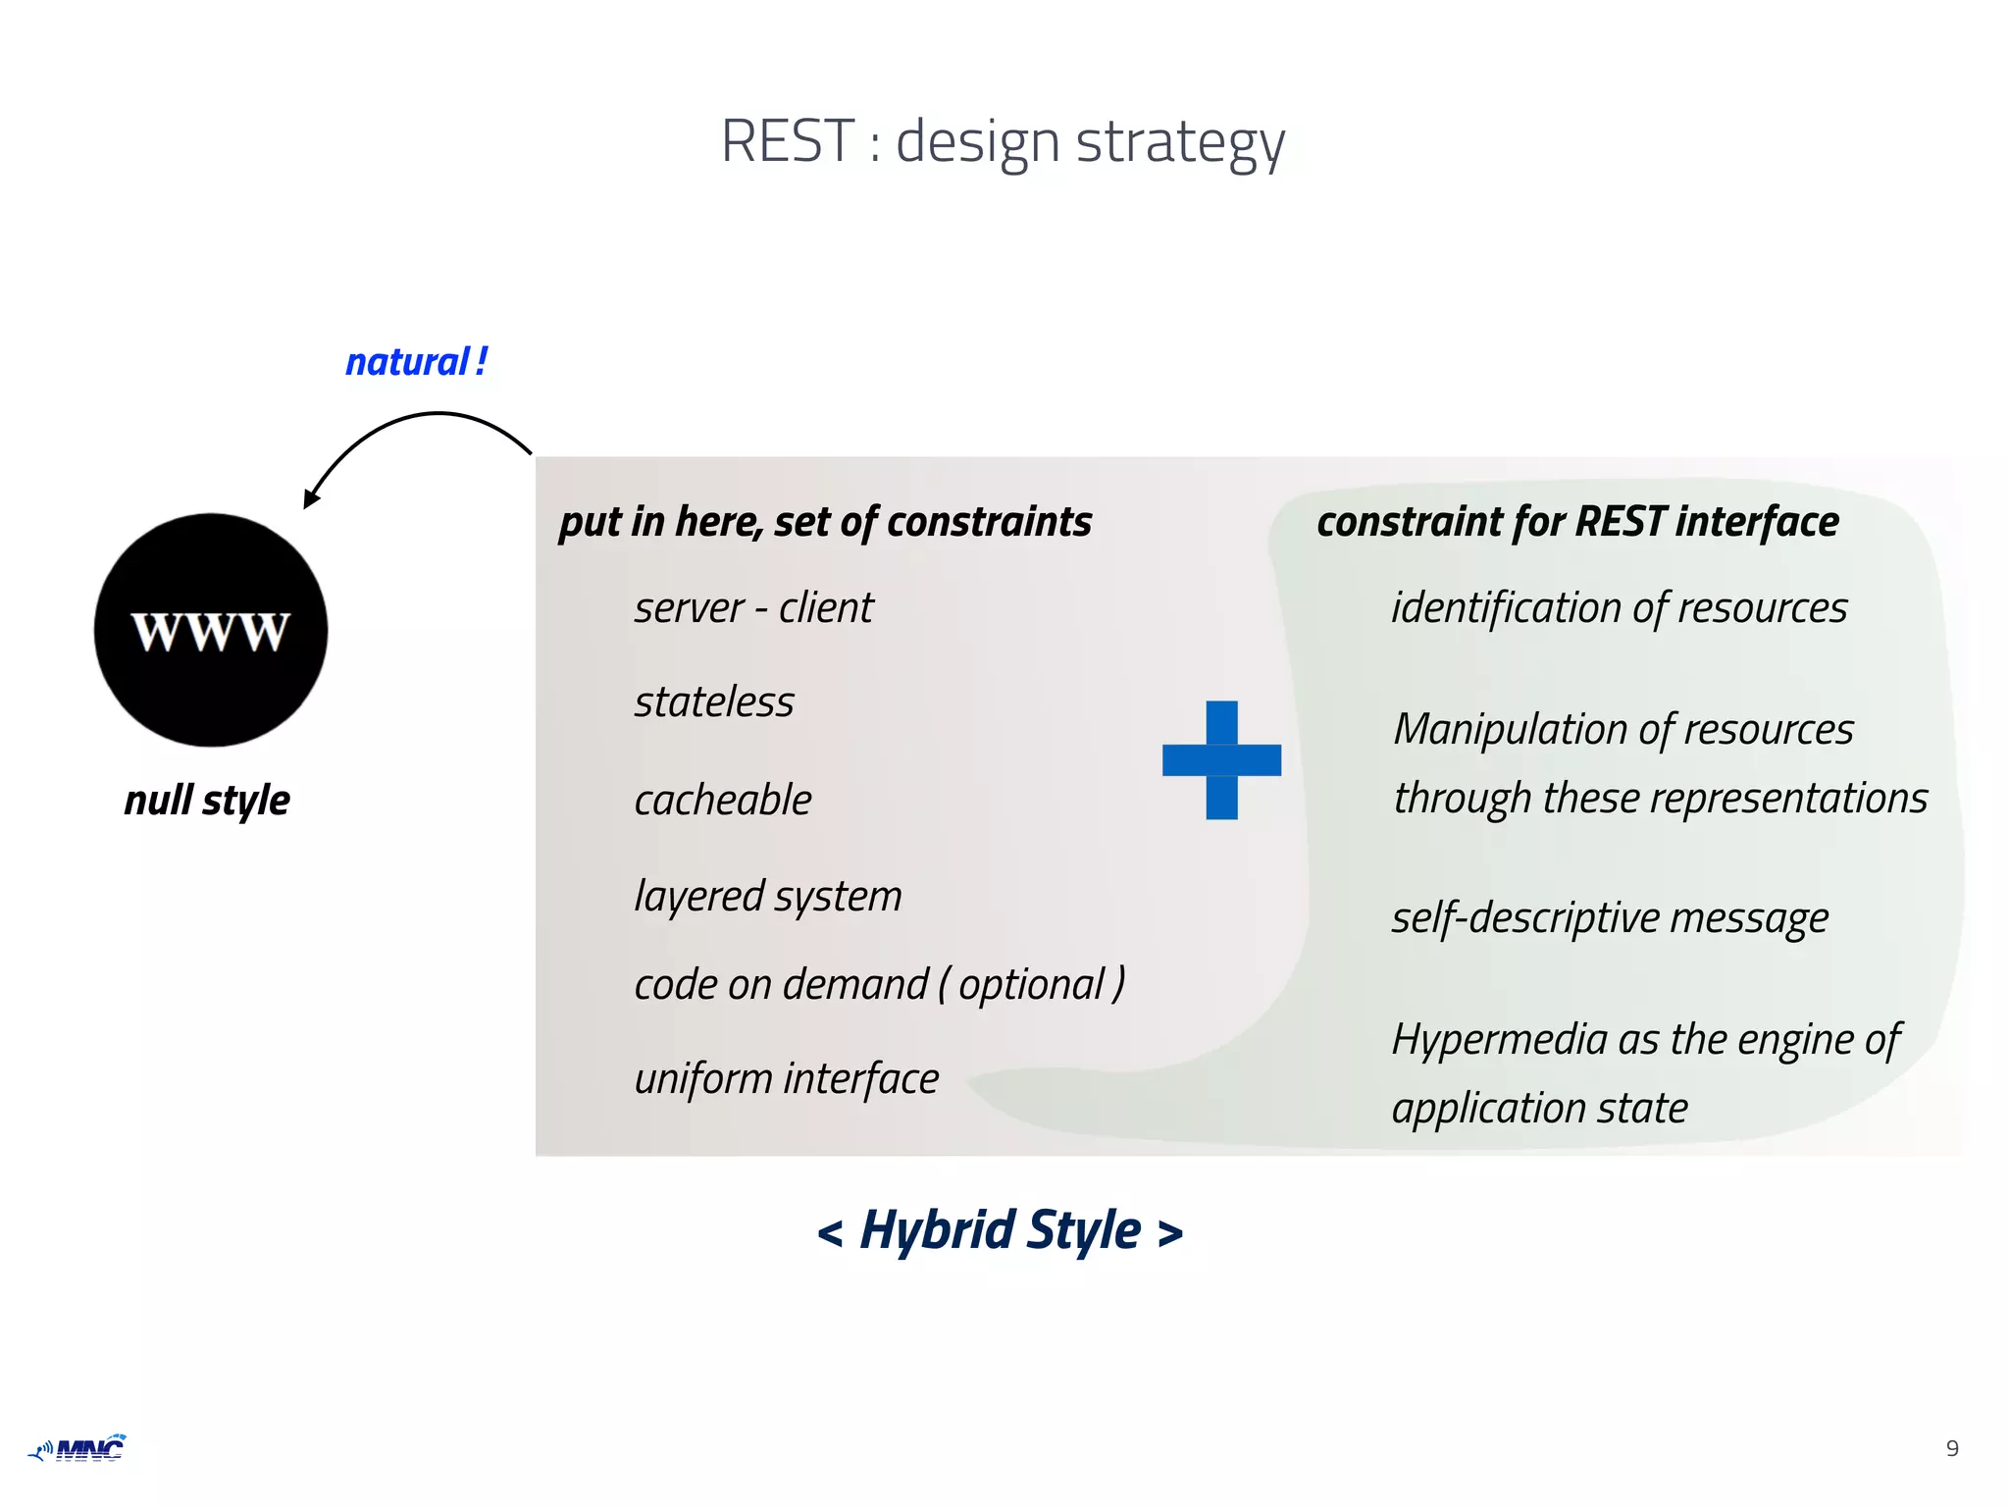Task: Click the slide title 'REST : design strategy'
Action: [1003, 142]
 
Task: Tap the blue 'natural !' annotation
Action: [416, 362]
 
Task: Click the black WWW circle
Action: [211, 630]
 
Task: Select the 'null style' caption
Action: [207, 801]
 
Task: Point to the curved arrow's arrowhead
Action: [311, 498]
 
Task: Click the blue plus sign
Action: [1221, 760]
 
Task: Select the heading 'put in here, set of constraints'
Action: [825, 522]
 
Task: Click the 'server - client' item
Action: [753, 608]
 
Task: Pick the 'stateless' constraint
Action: [714, 702]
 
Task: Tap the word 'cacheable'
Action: [723, 801]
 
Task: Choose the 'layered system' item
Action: [768, 896]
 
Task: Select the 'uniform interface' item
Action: [787, 1079]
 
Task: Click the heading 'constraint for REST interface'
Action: [1577, 522]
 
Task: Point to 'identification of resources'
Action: [1620, 608]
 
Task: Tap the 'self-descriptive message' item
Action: [1610, 918]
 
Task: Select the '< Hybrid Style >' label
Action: [1001, 1230]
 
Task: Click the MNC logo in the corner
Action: [78, 1448]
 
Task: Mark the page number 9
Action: [1952, 1449]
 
